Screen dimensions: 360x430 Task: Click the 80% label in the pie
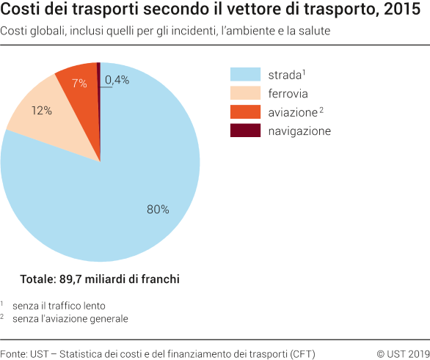point(158,210)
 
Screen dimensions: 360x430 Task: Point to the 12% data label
point(41,111)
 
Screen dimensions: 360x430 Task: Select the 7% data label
point(79,83)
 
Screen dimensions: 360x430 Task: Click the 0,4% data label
point(117,80)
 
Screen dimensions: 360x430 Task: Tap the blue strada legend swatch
point(246,74)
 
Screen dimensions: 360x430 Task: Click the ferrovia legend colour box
point(246,93)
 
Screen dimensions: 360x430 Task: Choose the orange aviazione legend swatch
point(246,112)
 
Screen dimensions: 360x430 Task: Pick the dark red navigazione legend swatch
point(246,131)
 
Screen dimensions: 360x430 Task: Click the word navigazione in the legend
point(299,131)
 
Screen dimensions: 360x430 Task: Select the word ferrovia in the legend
point(288,93)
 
